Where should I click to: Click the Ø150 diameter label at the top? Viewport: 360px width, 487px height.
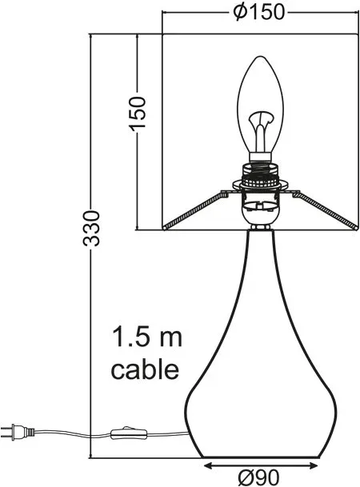click(x=258, y=13)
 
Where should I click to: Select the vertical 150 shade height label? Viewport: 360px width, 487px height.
click(x=138, y=113)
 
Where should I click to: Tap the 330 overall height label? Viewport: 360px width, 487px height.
click(x=91, y=228)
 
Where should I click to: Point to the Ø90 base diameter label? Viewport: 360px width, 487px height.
click(x=258, y=477)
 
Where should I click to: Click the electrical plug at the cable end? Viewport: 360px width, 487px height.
click(x=17, y=432)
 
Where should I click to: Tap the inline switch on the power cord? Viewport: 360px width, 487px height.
click(x=129, y=433)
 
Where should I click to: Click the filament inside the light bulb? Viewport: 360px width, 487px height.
click(x=261, y=130)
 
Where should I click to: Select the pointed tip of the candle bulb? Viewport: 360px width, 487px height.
click(x=260, y=57)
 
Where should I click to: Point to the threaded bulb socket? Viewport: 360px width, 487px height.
click(x=261, y=175)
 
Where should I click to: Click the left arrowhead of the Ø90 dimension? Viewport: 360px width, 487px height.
click(x=207, y=465)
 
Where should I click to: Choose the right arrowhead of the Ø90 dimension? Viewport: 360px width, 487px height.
click(x=314, y=465)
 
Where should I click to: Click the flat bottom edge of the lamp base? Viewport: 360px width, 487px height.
click(x=261, y=457)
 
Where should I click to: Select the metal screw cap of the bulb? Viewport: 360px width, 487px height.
click(x=261, y=158)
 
